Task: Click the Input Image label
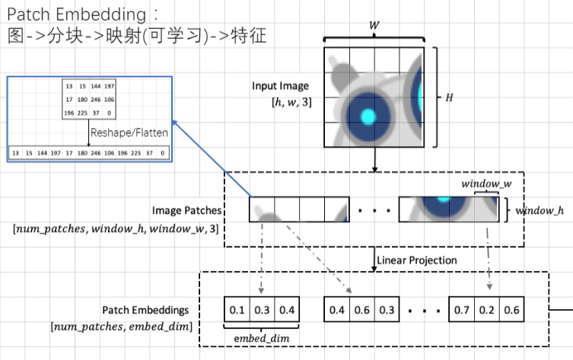click(281, 86)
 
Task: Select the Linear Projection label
click(417, 260)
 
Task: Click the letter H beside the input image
click(449, 98)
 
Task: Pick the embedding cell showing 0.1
click(237, 311)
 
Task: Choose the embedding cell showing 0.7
click(462, 311)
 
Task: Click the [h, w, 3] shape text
click(294, 101)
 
